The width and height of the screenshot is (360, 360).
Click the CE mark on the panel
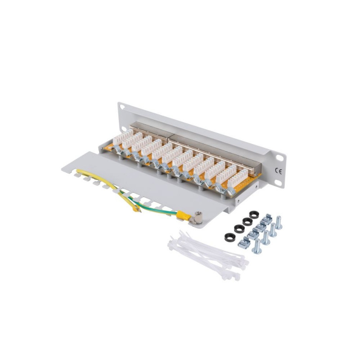(279, 171)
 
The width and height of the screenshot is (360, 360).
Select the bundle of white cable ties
(208, 254)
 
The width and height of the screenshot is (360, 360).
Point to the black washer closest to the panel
(254, 215)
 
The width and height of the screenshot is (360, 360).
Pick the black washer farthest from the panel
(229, 237)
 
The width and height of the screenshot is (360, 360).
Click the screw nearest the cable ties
(256, 246)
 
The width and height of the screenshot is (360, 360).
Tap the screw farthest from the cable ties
(279, 222)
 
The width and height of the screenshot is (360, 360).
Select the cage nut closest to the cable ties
(244, 243)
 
